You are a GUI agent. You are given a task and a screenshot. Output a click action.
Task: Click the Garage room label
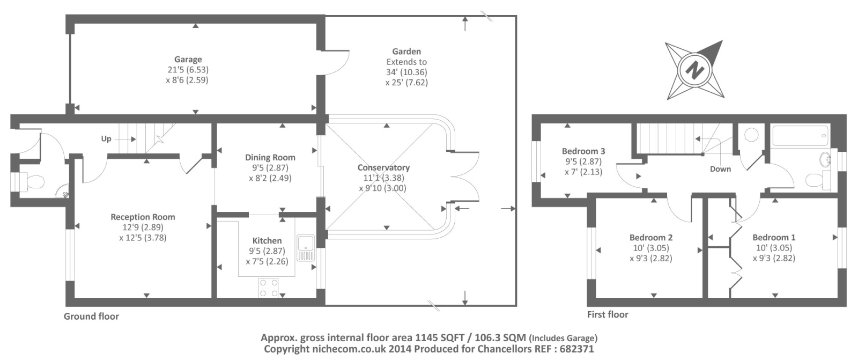click(x=188, y=60)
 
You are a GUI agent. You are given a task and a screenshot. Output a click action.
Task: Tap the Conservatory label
click(x=383, y=167)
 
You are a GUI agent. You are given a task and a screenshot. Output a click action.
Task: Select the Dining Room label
click(x=270, y=158)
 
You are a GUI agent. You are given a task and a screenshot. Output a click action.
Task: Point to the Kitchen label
click(x=267, y=241)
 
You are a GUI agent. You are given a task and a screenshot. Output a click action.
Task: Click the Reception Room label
click(x=143, y=217)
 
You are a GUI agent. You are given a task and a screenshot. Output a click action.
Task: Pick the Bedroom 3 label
click(x=583, y=151)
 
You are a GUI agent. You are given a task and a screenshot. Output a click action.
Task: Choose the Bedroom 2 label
click(x=651, y=237)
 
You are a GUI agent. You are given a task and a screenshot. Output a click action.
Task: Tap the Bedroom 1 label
click(x=774, y=237)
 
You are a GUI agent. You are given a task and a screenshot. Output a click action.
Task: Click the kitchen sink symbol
click(x=306, y=248)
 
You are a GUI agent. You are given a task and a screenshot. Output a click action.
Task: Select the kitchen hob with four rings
click(x=269, y=288)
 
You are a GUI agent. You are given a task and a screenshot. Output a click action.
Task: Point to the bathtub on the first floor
click(x=801, y=135)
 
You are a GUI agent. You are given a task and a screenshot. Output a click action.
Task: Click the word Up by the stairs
click(x=106, y=138)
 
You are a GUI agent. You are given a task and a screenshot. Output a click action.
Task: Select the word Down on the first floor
click(x=720, y=169)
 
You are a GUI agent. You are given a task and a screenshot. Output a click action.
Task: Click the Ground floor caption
click(x=91, y=317)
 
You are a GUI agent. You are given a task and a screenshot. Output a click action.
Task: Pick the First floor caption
click(x=608, y=314)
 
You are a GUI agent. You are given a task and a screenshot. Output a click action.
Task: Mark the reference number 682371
click(x=577, y=349)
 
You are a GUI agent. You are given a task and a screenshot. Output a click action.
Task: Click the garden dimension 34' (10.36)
click(x=406, y=72)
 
